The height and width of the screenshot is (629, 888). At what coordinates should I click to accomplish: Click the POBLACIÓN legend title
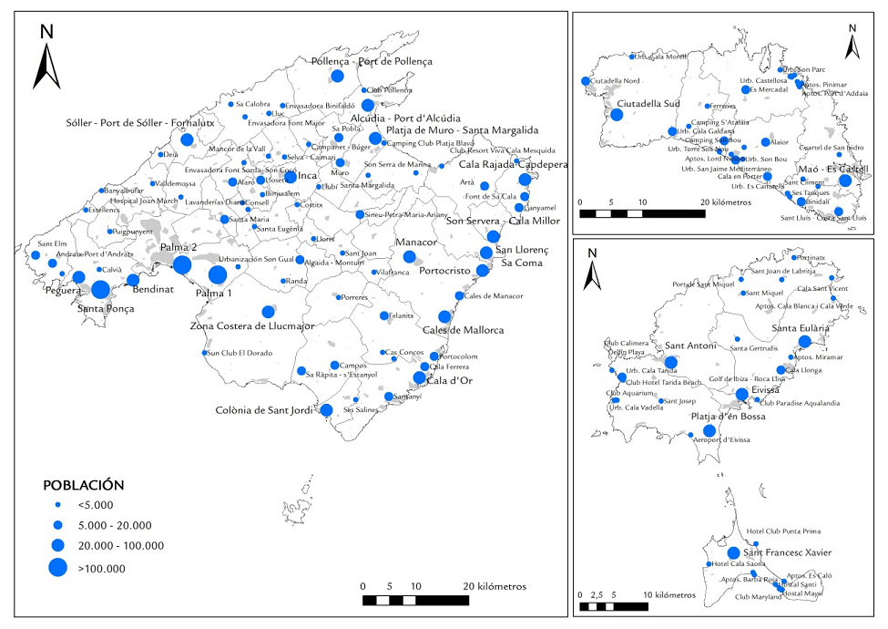tap(85, 485)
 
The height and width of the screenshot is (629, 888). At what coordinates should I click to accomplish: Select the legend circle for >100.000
tap(57, 567)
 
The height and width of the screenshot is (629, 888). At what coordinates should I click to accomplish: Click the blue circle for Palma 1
tap(218, 275)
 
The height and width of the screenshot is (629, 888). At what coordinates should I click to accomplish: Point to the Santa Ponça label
tap(107, 309)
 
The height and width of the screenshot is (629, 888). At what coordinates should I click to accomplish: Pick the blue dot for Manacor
tap(410, 258)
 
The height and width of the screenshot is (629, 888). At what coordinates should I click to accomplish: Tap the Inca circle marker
tap(291, 177)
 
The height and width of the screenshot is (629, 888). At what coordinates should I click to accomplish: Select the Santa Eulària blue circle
tap(804, 342)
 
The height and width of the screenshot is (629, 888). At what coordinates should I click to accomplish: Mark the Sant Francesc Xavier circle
tap(733, 552)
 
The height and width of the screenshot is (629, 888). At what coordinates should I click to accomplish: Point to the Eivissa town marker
tap(742, 394)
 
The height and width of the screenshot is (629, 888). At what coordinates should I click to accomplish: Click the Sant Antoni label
tap(690, 345)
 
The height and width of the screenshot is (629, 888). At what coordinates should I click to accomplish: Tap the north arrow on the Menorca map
tap(851, 40)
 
